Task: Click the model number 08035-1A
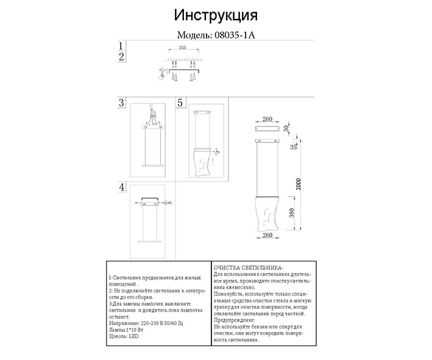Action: [x=234, y=35]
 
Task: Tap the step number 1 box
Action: [x=122, y=46]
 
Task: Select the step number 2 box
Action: [x=122, y=57]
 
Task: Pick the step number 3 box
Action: [x=122, y=103]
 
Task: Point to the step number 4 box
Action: [x=122, y=187]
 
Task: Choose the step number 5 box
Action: [x=180, y=103]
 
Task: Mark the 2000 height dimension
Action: [x=298, y=183]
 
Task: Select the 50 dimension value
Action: [x=286, y=128]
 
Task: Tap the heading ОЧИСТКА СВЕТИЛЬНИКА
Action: [x=248, y=267]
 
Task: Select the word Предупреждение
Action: [x=235, y=320]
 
